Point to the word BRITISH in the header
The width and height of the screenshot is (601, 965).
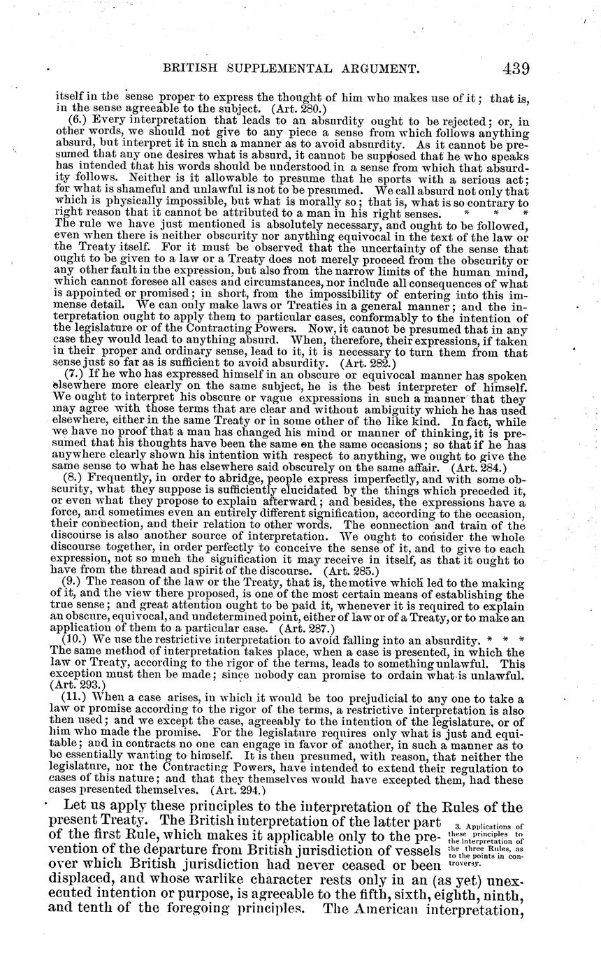pyautogui.click(x=190, y=69)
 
